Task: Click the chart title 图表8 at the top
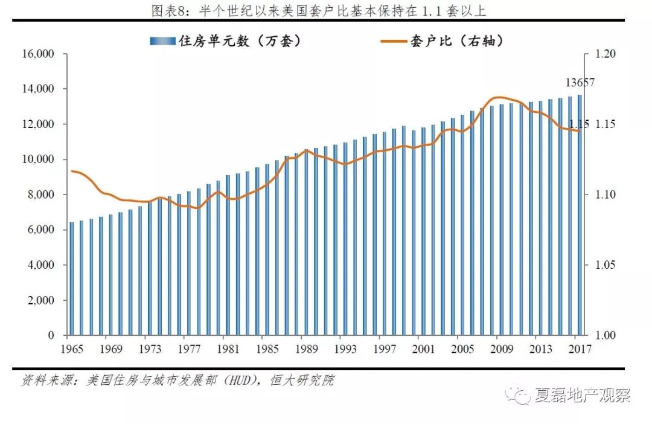(326, 10)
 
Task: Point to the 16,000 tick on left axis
(39, 54)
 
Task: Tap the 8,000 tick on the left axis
(41, 194)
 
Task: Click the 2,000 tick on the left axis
(41, 300)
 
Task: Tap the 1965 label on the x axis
(71, 349)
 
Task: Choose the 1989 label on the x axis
(306, 349)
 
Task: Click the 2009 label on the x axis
(502, 349)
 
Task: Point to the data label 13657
(580, 83)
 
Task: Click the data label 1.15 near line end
(578, 124)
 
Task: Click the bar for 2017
(580, 215)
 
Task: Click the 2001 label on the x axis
(423, 349)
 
